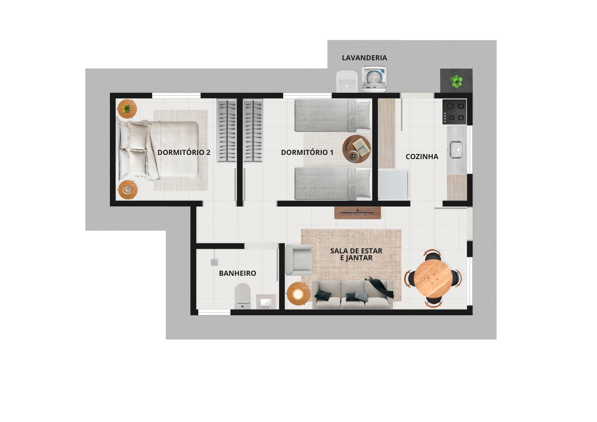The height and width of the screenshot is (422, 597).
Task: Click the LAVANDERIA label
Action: pyautogui.click(x=364, y=58)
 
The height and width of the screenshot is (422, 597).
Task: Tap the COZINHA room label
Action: pyautogui.click(x=422, y=157)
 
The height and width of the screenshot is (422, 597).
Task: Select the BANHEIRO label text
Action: pyautogui.click(x=238, y=273)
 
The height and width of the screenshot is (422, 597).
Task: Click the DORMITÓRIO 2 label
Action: pyautogui.click(x=184, y=153)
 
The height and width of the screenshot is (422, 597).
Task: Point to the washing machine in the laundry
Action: pyautogui.click(x=374, y=79)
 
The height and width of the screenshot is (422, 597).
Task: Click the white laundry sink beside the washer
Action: pyautogui.click(x=347, y=81)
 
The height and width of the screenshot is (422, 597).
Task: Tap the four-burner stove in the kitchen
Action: pyautogui.click(x=454, y=112)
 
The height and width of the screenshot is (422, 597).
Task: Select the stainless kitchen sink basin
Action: pyautogui.click(x=456, y=150)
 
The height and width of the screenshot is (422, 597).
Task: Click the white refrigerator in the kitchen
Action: pyautogui.click(x=393, y=185)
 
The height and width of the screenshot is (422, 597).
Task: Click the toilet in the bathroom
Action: pyautogui.click(x=242, y=296)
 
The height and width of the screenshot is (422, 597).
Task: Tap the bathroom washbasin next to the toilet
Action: pyautogui.click(x=266, y=302)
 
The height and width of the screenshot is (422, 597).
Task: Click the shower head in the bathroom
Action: pyautogui.click(x=214, y=262)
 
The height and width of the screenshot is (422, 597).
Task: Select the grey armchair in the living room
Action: pyautogui.click(x=299, y=260)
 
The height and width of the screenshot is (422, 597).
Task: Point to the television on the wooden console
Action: pyautogui.click(x=358, y=212)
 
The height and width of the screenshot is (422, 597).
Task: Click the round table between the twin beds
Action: pyautogui.click(x=356, y=149)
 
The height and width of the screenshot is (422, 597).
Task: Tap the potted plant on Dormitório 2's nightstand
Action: pyautogui.click(x=127, y=109)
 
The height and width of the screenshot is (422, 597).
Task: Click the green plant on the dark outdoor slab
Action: pyautogui.click(x=456, y=81)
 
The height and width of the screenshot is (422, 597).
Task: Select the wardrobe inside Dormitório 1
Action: pyautogui.click(x=253, y=130)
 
